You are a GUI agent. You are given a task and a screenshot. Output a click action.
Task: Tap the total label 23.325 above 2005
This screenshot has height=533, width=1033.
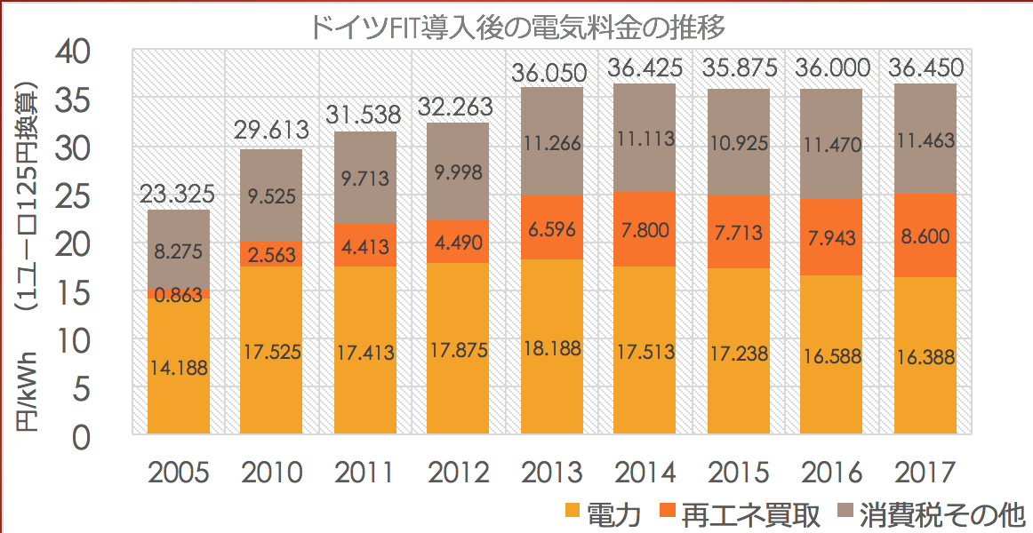tap(179, 193)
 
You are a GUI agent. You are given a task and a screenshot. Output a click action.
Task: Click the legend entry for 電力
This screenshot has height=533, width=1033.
tap(605, 513)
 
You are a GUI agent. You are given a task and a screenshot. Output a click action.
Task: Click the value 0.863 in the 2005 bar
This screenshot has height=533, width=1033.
tap(179, 297)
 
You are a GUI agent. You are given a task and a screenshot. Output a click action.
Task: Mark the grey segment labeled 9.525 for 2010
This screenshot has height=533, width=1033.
tap(272, 195)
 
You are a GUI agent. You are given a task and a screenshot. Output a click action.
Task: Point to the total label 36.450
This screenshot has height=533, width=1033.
tap(924, 68)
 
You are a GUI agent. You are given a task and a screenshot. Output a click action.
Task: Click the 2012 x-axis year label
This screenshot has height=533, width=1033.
tap(458, 472)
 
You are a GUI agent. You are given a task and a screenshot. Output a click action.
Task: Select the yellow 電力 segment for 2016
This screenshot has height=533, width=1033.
tap(831, 355)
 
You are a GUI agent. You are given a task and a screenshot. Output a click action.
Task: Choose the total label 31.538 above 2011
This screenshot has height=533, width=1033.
tap(364, 114)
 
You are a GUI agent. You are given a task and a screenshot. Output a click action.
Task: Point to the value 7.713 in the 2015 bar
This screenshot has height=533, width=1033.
tap(738, 232)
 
